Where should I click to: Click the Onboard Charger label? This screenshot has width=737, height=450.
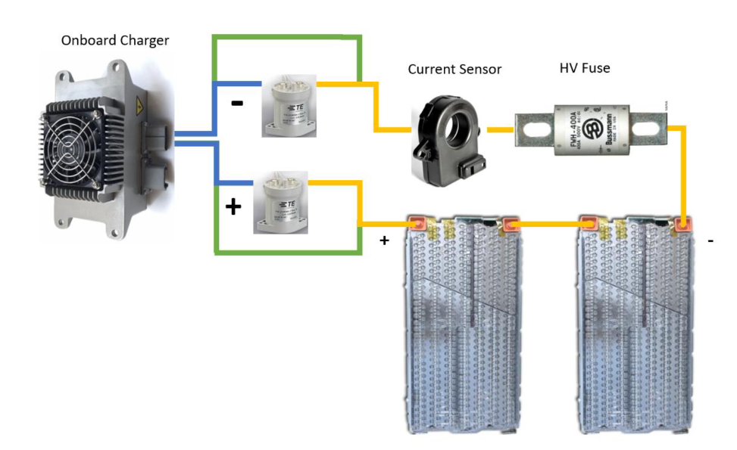coord(115,40)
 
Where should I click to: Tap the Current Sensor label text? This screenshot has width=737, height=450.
coord(454,70)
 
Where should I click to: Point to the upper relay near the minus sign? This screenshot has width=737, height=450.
coord(289,110)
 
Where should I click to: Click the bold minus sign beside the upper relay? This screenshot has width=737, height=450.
coord(237,104)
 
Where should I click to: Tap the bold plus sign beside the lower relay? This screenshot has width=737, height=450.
coord(233,206)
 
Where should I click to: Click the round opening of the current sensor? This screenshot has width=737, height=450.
coord(457,130)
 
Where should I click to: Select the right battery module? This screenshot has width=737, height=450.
coord(636,325)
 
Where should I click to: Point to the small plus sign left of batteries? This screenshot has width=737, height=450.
coord(384,241)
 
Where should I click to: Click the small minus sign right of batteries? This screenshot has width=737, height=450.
coord(710,241)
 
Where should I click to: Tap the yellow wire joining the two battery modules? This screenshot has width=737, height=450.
coord(549,224)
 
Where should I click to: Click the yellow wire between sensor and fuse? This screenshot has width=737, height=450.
coord(501,130)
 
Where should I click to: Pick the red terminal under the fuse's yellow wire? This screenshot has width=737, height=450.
coord(682,224)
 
